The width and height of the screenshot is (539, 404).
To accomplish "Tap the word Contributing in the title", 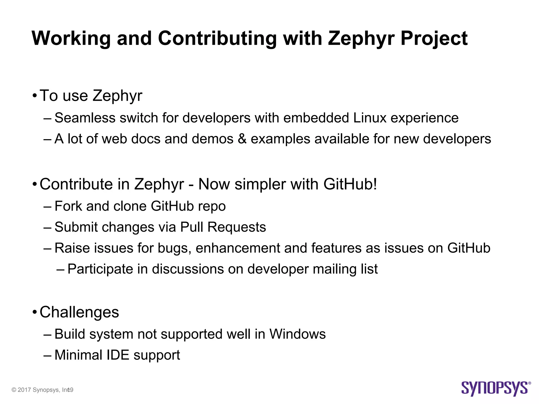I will [217, 38].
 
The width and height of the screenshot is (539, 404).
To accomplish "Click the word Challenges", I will [79, 312].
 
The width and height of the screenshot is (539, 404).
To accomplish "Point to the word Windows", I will [297, 334].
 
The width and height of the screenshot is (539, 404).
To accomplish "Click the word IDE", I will [118, 355].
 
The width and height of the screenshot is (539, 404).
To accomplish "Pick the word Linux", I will [370, 118].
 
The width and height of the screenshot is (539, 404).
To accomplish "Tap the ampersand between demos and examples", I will [242, 139].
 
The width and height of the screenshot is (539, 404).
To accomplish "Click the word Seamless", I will [85, 118].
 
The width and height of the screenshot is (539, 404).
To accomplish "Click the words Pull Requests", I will [223, 227].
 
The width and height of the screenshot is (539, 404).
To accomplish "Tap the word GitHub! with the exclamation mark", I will [350, 184].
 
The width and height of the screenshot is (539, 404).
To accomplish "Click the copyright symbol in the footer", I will [14, 390].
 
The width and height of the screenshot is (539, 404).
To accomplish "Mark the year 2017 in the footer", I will [24, 390].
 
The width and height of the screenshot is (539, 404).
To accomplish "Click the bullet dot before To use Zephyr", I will [34, 96].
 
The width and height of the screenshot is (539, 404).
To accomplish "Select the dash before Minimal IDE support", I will [47, 355].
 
